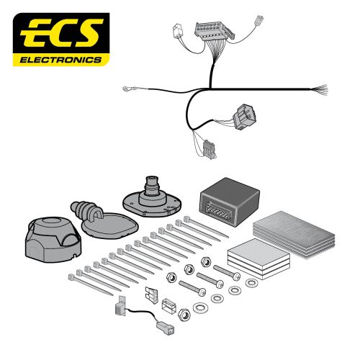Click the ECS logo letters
[61, 34]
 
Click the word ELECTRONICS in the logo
[61, 60]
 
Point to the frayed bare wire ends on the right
[320, 90]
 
